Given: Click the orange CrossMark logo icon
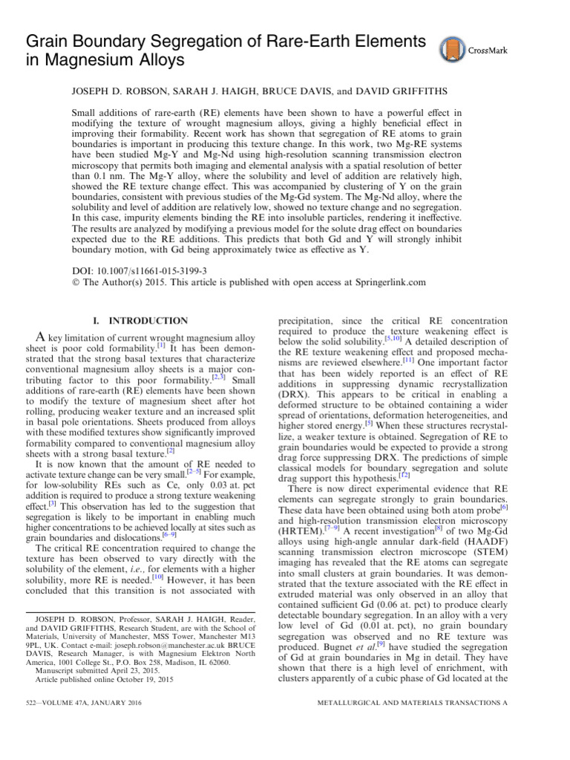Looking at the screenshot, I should tap(452, 49).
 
